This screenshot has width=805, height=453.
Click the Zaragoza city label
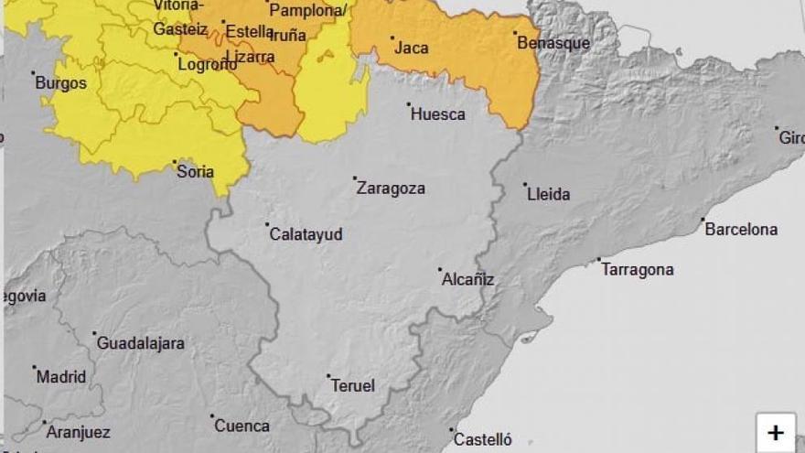pos(391,189)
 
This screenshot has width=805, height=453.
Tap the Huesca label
pos(438,114)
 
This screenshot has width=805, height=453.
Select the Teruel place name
pos(352,386)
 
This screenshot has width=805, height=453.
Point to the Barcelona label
pos(741,230)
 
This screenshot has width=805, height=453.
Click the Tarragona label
pos(639,270)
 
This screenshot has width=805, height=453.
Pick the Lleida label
pos(549,194)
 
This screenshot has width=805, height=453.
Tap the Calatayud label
pos(306,234)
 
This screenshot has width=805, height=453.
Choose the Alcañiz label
pos(468,280)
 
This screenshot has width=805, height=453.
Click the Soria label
pos(195,172)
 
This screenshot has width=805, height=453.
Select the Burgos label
pos(60,83)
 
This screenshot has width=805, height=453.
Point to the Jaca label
pos(412,48)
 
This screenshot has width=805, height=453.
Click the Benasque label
pos(553,43)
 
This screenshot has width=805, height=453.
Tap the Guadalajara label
pos(140,344)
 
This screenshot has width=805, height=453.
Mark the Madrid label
pos(62,377)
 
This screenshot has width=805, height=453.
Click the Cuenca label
pos(242,426)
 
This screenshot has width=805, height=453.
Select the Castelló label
pos(483,440)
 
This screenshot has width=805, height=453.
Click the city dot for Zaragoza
pos(355,178)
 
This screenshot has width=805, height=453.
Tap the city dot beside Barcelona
pos(703,220)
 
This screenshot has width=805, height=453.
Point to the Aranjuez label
pos(78,433)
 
